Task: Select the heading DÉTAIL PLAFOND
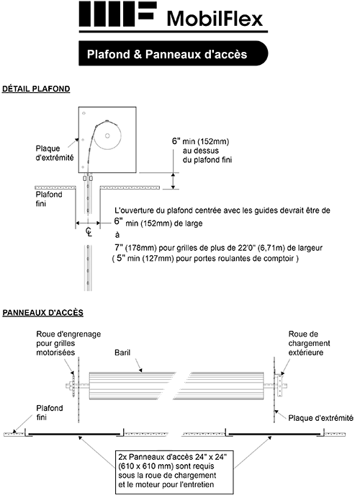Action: tap(36, 89)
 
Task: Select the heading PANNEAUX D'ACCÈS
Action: tap(43, 313)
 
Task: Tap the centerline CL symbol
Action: tap(88, 231)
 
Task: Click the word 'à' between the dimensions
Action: tap(117, 235)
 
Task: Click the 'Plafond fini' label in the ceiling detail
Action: tap(49, 199)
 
